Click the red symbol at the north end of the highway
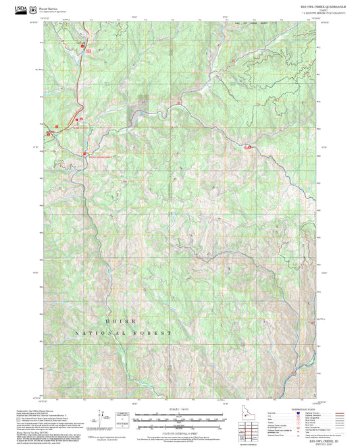84,45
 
